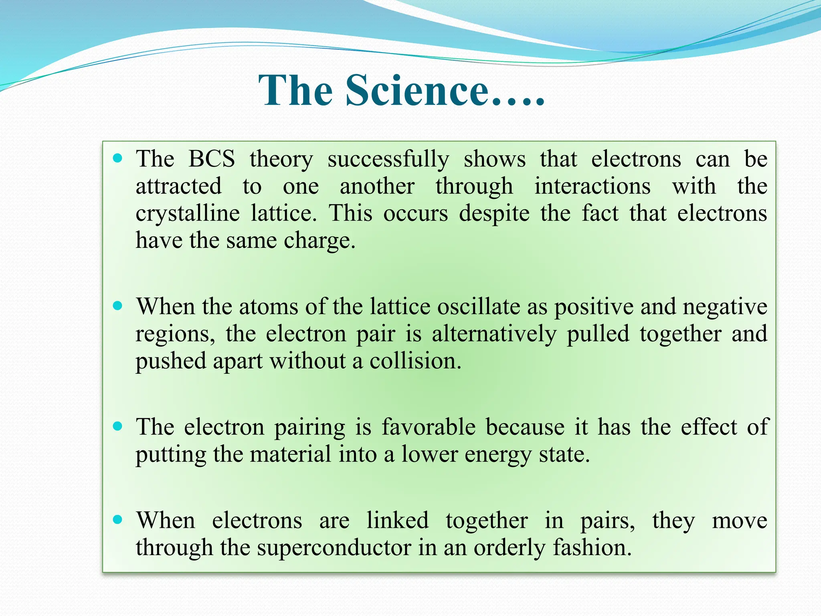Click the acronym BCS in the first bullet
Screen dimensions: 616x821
(212, 159)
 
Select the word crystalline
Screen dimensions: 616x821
(188, 213)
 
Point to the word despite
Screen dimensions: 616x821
(494, 213)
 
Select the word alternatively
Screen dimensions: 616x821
(494, 334)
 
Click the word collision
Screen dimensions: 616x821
(415, 361)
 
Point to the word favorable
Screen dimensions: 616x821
(428, 426)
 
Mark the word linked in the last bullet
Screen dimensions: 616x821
(398, 520)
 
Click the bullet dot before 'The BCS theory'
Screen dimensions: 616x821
(117, 158)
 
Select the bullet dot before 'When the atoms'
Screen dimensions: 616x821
(117, 306)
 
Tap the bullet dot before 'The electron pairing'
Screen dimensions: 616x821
(117, 426)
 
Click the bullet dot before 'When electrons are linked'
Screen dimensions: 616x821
(117, 520)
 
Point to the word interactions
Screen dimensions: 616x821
(592, 186)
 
